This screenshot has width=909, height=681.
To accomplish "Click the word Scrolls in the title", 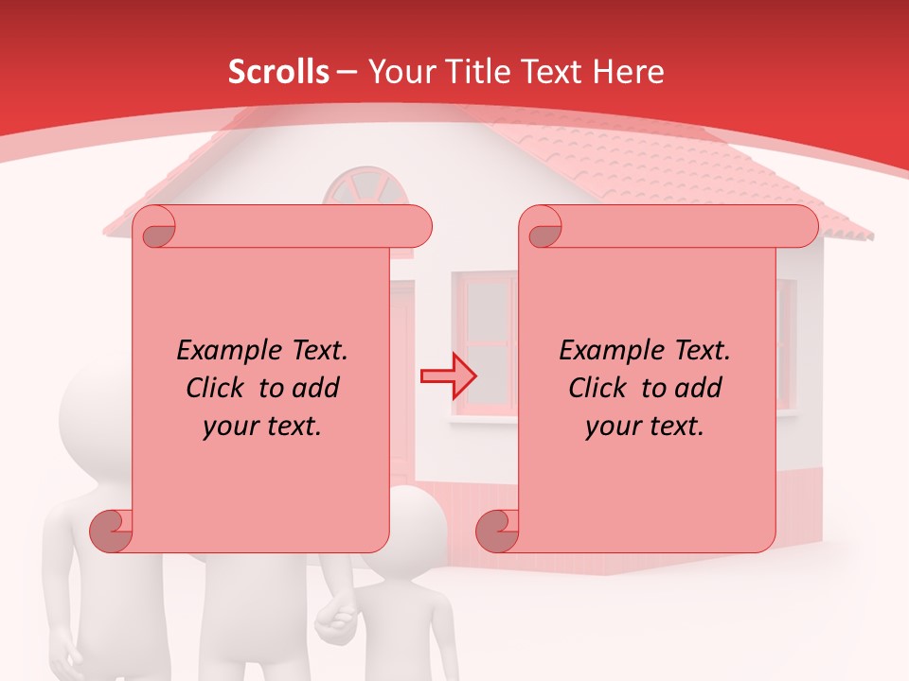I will (278, 72).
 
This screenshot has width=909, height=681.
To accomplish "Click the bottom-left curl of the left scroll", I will (110, 531).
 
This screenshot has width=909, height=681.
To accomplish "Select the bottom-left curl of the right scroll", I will (496, 531).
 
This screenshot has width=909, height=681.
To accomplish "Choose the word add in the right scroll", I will (700, 388).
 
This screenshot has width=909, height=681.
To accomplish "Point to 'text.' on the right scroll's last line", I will (678, 426).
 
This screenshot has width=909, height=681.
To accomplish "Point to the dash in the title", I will (347, 72).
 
